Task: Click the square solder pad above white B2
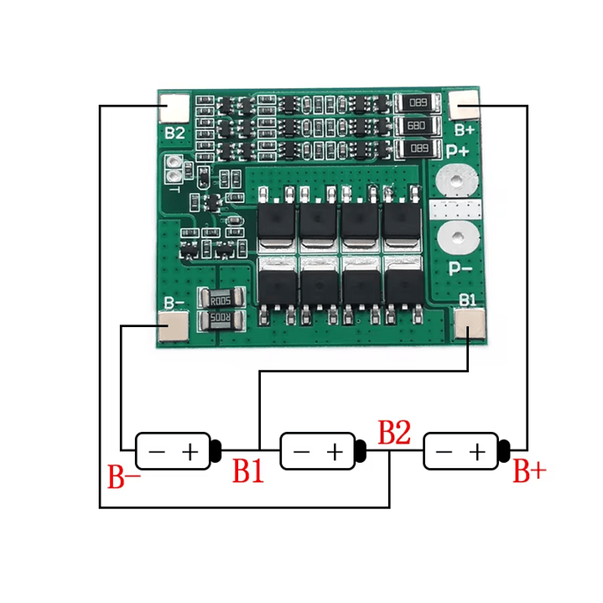coord(174,107)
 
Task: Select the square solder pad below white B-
coord(174,326)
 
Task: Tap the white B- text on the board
coord(174,303)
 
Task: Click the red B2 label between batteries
coord(394,434)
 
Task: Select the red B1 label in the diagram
coord(248,472)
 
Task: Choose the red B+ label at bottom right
coord(529,472)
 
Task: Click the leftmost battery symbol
coord(177,451)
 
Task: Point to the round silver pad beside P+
coord(455,179)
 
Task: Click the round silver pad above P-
coord(455,237)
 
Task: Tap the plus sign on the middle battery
coord(335,452)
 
